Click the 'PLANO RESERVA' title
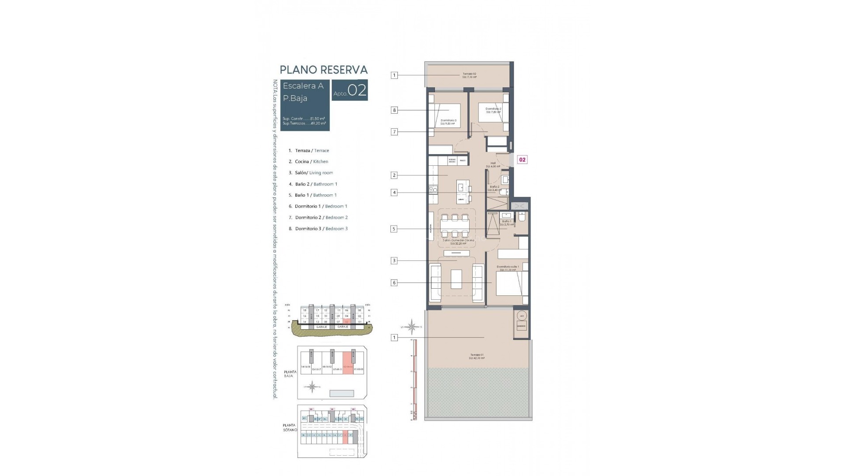(323, 70)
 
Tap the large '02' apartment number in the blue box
(357, 90)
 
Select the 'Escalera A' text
(303, 86)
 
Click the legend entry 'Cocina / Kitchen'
(312, 162)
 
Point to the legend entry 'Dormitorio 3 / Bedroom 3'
(321, 229)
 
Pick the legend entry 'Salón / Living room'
(314, 173)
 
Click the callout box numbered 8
(394, 110)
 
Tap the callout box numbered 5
(394, 229)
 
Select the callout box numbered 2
(394, 175)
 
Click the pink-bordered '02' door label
(522, 160)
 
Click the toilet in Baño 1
(522, 217)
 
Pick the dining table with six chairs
(455, 226)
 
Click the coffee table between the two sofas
(456, 279)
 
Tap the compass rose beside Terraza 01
(412, 327)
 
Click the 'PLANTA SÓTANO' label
(290, 428)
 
